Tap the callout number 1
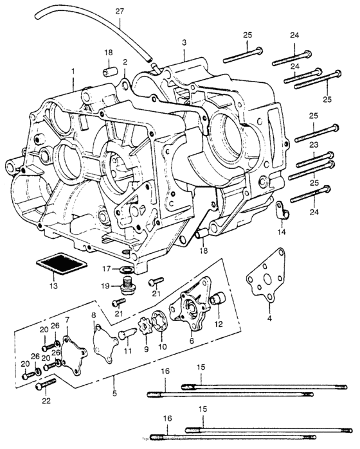tap(73, 70)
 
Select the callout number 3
tap(184, 42)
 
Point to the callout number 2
tap(125, 62)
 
